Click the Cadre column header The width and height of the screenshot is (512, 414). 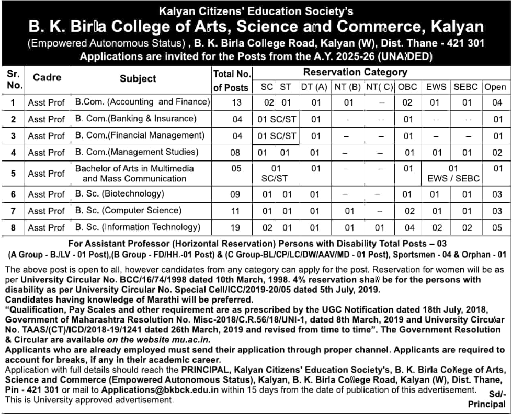47,77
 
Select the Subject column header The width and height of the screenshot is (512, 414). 138,78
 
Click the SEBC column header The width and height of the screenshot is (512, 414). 465,87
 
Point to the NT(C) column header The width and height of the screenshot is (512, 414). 379,87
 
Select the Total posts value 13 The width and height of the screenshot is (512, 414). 236,102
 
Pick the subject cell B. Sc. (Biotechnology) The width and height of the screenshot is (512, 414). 119,194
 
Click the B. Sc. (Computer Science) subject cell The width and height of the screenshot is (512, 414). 128,211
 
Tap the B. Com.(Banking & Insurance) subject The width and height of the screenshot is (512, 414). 135,119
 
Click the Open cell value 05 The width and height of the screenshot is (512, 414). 497,227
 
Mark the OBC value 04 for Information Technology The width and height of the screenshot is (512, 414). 409,227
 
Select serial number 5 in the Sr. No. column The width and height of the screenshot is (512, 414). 13,173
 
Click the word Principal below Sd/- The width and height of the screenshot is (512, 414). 486,404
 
